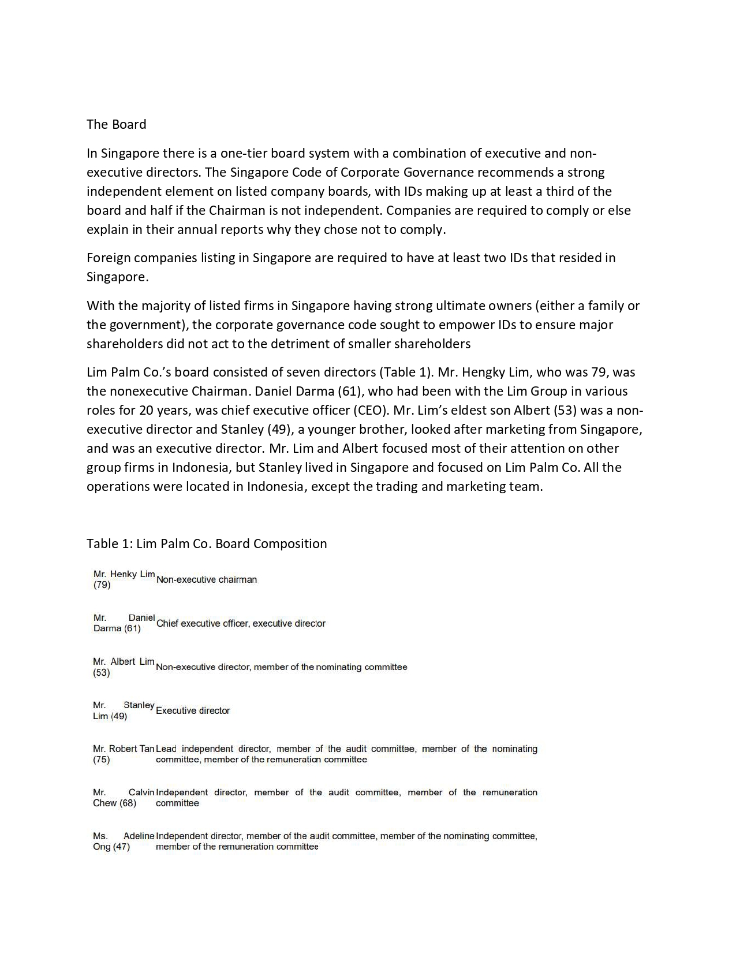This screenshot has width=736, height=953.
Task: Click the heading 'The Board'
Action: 116,124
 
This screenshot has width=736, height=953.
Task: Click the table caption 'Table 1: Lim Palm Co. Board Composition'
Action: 207,543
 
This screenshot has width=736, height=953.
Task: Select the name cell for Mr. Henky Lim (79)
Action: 124,579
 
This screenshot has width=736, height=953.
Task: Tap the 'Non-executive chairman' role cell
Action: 207,579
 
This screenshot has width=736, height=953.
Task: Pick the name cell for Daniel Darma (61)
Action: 124,623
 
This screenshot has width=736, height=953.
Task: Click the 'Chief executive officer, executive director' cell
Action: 241,623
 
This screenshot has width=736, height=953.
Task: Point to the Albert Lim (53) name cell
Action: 124,667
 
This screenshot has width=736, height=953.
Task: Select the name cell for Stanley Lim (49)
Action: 123,710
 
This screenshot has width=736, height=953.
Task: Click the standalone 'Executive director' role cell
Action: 193,710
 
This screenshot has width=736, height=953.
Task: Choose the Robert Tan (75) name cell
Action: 123,754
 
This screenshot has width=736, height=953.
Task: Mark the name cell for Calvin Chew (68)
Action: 123,798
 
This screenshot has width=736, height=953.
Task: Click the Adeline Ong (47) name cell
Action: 123,841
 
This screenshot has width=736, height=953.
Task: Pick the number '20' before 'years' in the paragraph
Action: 145,410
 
